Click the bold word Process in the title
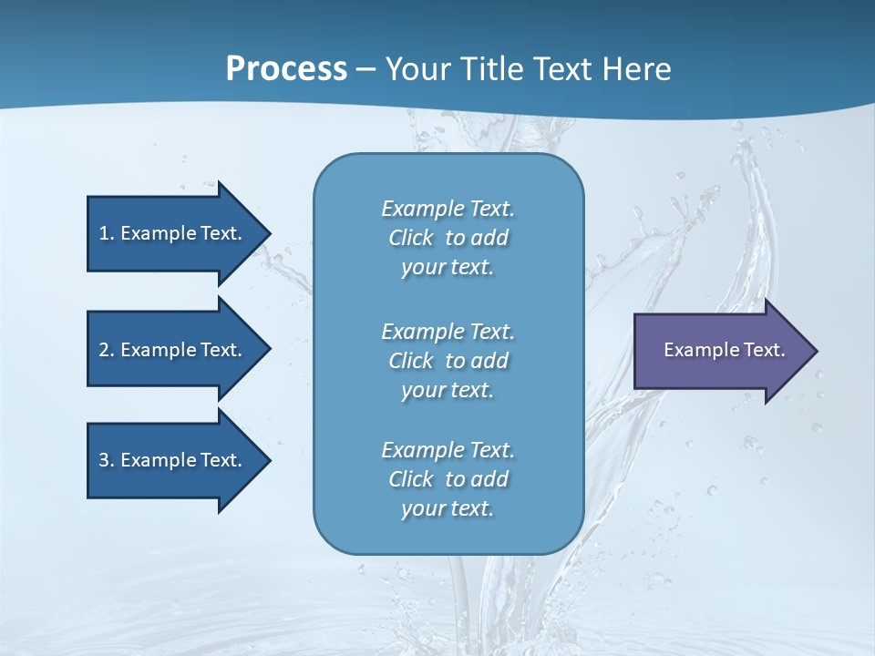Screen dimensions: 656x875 [x=286, y=69]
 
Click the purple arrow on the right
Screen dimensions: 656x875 [x=720, y=350]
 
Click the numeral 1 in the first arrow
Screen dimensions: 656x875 [x=104, y=233]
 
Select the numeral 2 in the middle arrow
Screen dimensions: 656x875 [x=104, y=350]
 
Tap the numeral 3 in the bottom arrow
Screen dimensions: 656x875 [x=104, y=460]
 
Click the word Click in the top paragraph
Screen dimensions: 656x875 [x=411, y=238]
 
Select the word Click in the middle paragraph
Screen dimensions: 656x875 [x=411, y=361]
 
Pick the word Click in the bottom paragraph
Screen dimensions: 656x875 [x=411, y=479]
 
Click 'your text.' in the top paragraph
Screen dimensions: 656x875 [x=448, y=267]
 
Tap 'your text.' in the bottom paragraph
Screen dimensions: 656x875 [x=448, y=508]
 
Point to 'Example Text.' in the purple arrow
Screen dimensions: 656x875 [x=725, y=350]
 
